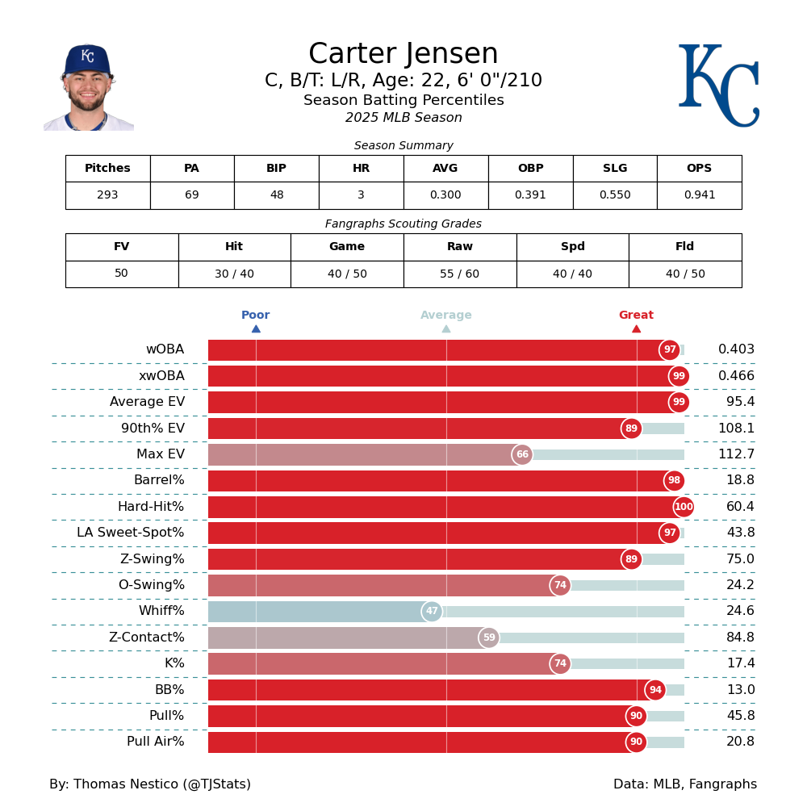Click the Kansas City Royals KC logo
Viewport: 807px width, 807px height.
point(718,85)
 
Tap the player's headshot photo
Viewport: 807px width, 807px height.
point(88,87)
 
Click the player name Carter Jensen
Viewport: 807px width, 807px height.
point(403,54)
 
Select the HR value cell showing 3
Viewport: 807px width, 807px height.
point(361,195)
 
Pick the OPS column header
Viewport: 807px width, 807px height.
point(699,169)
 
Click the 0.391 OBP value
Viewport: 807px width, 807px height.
point(530,195)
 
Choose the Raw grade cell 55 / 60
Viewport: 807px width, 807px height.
point(459,274)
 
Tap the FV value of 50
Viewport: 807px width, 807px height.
point(121,274)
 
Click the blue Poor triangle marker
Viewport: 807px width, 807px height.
point(256,328)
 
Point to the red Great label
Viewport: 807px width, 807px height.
point(636,316)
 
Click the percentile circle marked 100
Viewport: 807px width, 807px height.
point(684,507)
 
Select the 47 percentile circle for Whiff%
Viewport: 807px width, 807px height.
point(432,612)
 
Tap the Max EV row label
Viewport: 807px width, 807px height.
point(161,454)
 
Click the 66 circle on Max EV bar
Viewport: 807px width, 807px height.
point(522,454)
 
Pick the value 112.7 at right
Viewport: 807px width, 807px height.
point(736,454)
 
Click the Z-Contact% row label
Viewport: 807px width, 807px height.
point(147,638)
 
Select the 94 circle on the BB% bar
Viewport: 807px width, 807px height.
point(655,690)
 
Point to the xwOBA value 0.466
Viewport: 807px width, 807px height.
point(736,376)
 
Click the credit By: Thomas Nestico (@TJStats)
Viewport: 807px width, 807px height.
point(150,784)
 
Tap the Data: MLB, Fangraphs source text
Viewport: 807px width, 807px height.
point(685,784)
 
